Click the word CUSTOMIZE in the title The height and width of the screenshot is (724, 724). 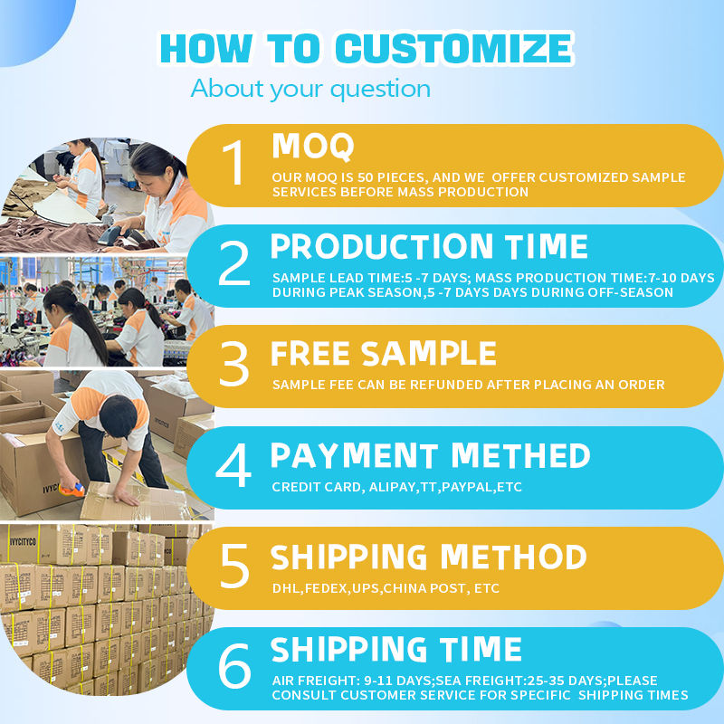click(454, 49)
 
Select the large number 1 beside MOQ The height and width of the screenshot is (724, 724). click(234, 163)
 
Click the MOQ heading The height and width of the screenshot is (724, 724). click(312, 147)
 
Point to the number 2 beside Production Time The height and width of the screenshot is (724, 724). click(234, 263)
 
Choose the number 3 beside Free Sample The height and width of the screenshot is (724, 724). click(234, 364)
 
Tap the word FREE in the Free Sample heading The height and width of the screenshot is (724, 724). click(310, 354)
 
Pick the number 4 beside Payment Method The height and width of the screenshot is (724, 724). click(233, 465)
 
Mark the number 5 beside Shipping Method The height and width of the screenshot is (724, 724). click(234, 566)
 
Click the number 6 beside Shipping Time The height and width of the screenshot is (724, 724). click(234, 666)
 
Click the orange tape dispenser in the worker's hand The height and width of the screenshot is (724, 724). click(72, 490)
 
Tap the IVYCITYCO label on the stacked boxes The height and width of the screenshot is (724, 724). click(23, 541)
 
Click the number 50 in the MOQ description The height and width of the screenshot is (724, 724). click(366, 177)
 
